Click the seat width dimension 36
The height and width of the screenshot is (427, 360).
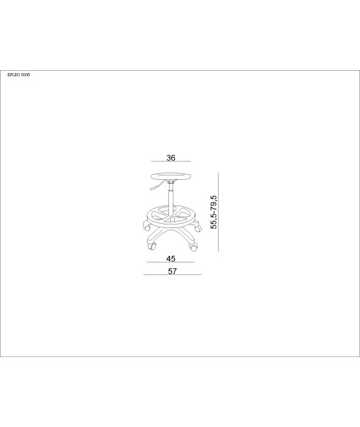tap(171, 158)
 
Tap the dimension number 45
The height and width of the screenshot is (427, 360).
tap(171, 258)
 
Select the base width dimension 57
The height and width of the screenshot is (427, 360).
tap(172, 271)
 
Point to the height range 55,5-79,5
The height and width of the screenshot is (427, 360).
tap(214, 212)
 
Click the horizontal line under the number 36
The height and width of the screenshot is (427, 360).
tap(171, 162)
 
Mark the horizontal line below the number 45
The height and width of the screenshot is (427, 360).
tap(171, 262)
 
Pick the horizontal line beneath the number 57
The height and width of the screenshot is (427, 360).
tap(173, 274)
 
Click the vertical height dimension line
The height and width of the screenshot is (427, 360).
tap(218, 212)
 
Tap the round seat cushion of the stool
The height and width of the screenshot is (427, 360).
tap(171, 176)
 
